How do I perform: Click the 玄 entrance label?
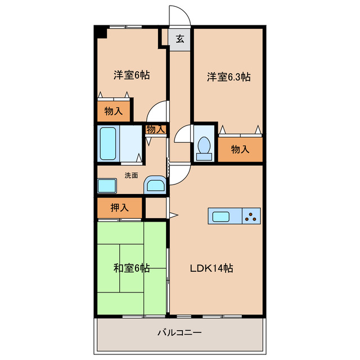coord(180,39)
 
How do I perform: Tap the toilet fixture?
coord(204,148)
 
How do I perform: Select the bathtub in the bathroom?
coord(108,143)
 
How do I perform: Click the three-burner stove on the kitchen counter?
coord(251,216)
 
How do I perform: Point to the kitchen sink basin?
coord(221,217)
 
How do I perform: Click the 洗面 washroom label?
coord(131,175)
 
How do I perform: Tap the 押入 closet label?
coord(119,208)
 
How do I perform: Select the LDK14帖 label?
coord(211,268)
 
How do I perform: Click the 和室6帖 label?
coord(132,268)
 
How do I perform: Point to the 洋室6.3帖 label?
coord(229,77)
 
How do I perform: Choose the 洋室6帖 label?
coord(132,75)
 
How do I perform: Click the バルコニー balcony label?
coord(179,332)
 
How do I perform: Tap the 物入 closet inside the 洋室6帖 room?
coord(114,111)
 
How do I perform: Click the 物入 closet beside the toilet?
coord(240,150)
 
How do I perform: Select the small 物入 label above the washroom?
coord(156,129)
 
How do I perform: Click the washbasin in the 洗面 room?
coord(155,185)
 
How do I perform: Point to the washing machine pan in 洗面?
coord(107,186)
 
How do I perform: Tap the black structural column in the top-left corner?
coord(101,32)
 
